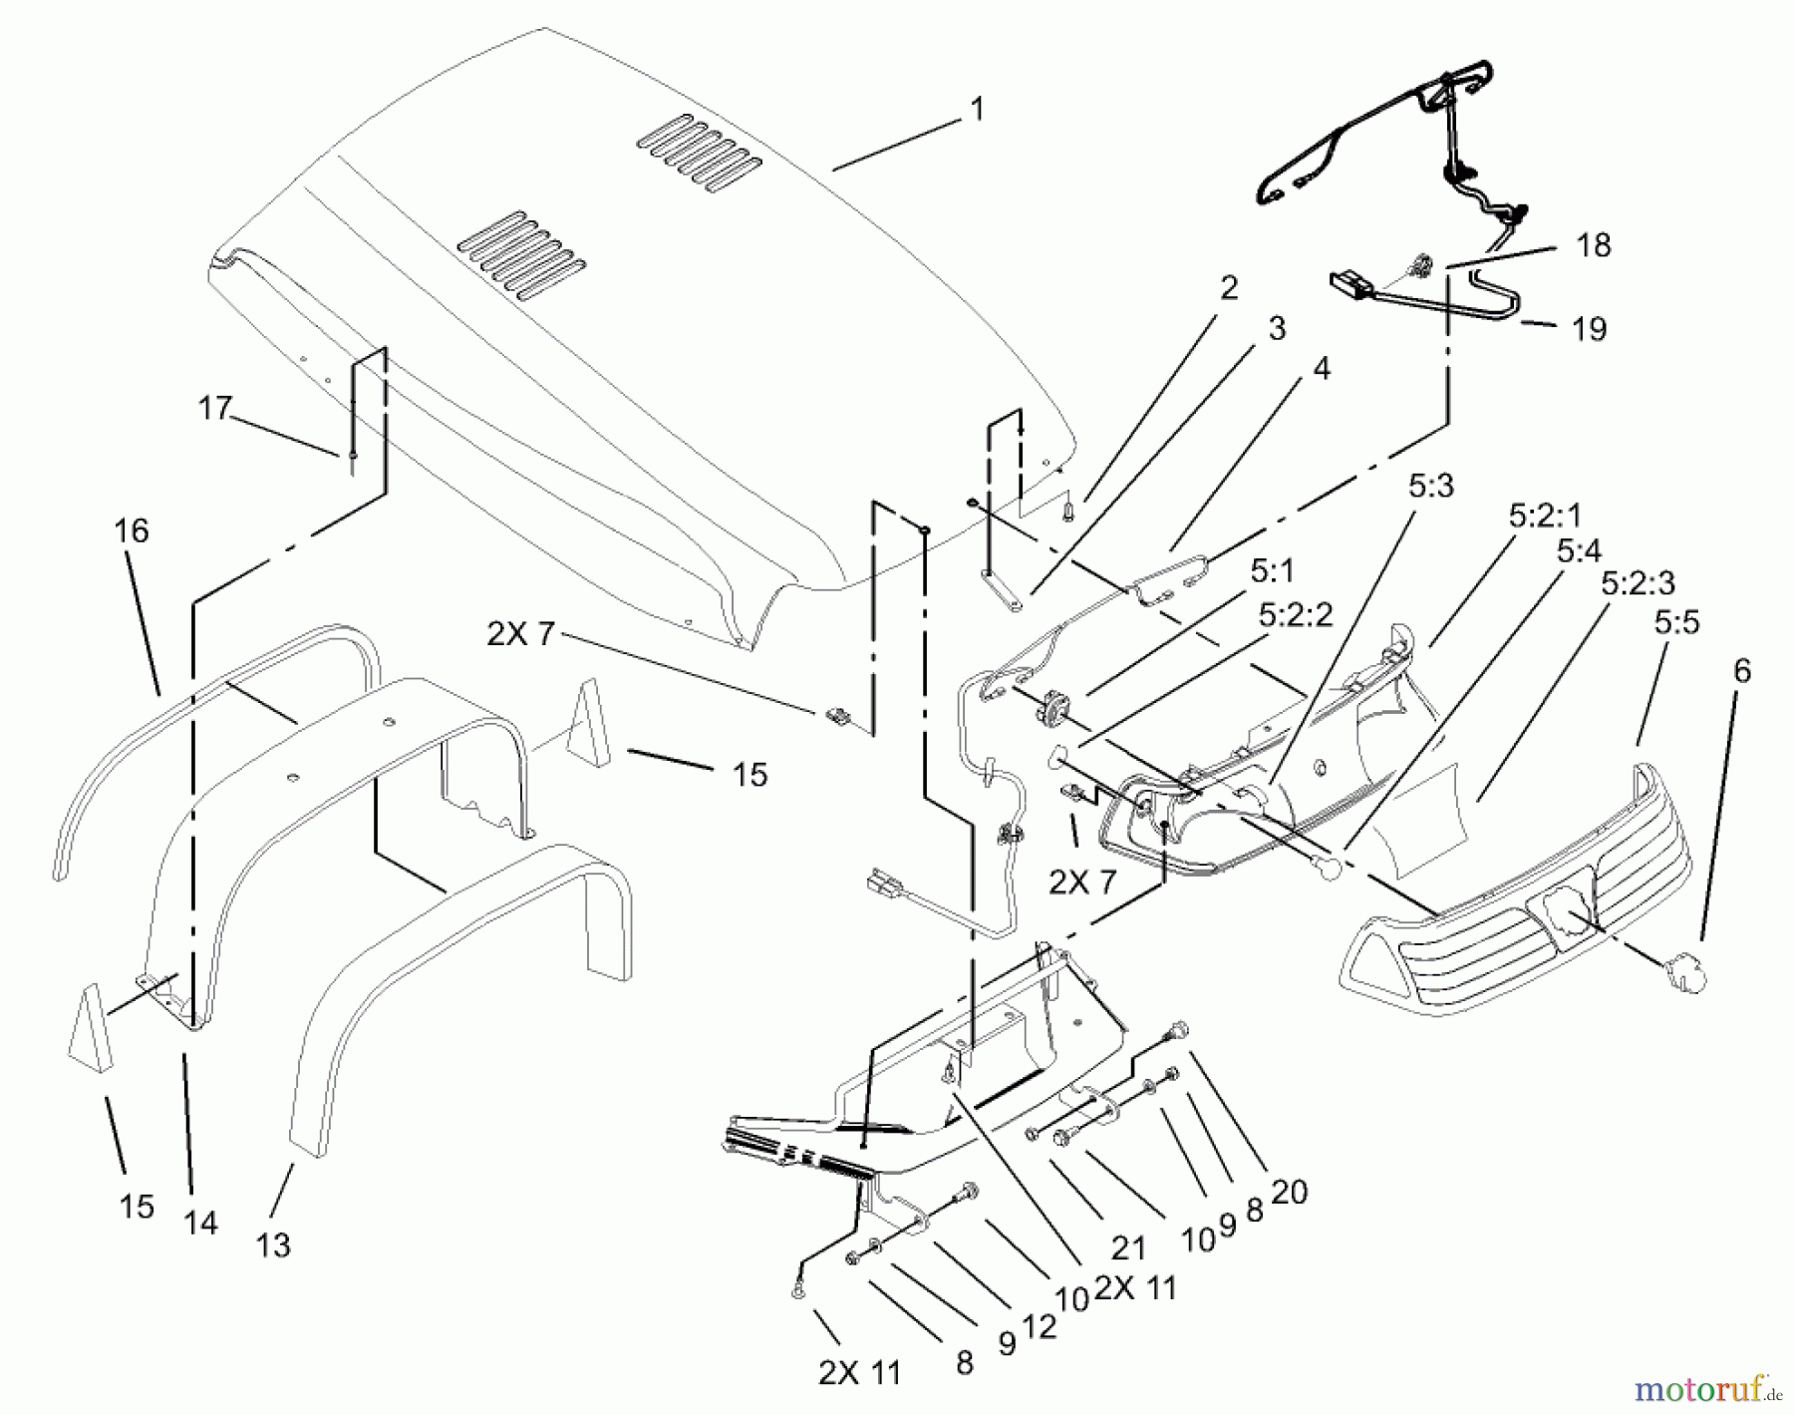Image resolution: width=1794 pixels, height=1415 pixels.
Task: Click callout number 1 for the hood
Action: click(977, 109)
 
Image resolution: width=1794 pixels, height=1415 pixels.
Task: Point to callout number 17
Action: click(215, 409)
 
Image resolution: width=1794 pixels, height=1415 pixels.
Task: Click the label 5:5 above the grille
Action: click(1676, 623)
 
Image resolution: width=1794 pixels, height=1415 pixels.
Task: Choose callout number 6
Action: click(1741, 671)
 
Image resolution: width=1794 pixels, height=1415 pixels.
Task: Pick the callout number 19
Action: click(1589, 329)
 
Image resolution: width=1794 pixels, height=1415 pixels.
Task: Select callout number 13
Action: click(273, 1244)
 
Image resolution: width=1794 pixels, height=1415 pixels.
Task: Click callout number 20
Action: click(1290, 1192)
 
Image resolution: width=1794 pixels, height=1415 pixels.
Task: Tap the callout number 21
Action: click(1130, 1247)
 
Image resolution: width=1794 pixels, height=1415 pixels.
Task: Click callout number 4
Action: click(1321, 369)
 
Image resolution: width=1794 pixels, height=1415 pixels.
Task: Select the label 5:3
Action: click(1431, 487)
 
